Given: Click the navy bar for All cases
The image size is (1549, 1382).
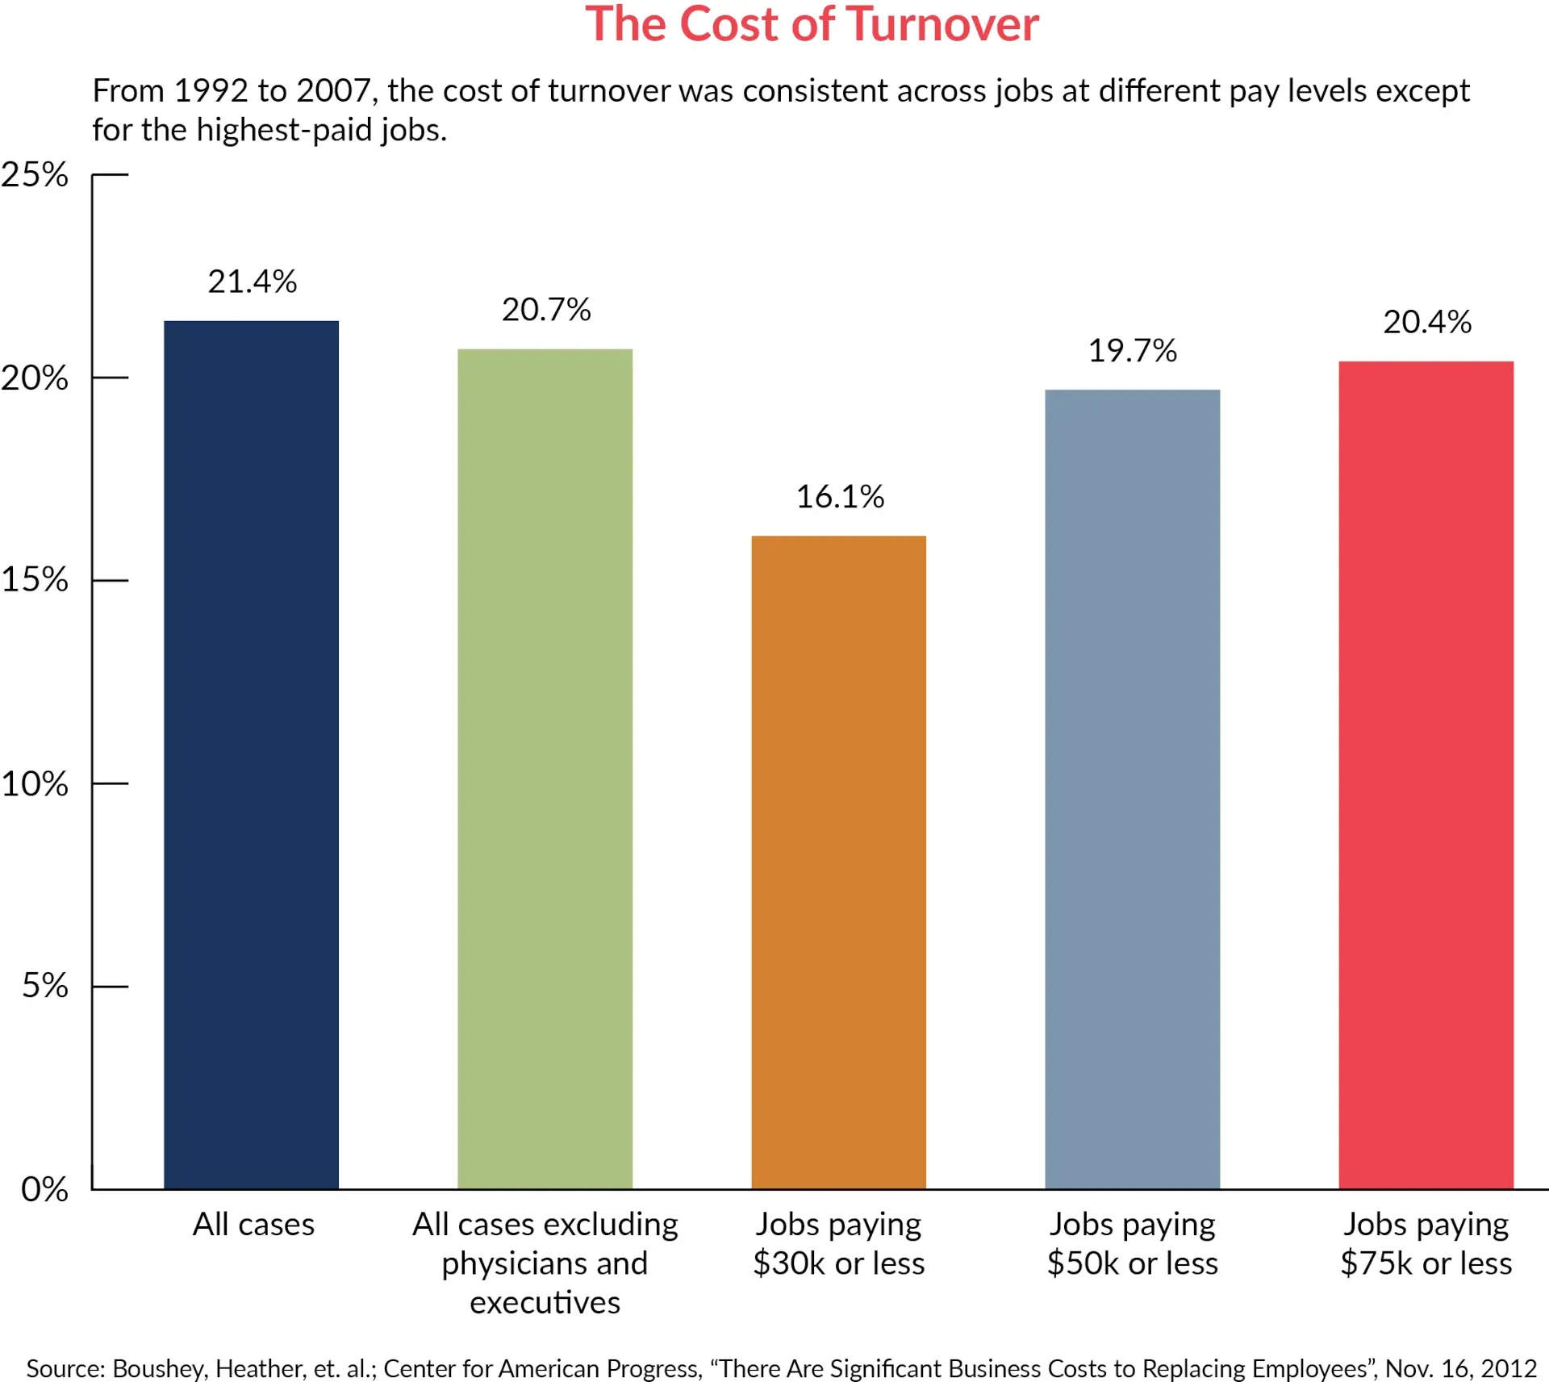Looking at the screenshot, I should (251, 754).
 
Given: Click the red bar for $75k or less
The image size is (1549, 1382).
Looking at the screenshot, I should (1426, 775).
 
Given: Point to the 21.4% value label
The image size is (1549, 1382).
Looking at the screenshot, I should (252, 282).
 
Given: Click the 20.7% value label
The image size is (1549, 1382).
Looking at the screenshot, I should (546, 310).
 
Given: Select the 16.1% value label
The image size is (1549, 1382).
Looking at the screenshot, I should (840, 497).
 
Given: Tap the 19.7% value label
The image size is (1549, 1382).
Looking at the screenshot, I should (1132, 351).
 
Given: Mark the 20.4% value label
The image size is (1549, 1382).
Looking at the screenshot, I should (1426, 322).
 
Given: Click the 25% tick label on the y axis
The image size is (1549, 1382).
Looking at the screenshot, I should (35, 175).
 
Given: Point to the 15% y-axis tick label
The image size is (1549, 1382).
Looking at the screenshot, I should (35, 580).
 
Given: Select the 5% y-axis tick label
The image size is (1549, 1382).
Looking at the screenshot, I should (44, 986).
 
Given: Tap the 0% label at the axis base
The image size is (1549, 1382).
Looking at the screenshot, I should (44, 1189).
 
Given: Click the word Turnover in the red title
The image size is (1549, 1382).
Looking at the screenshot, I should (942, 24).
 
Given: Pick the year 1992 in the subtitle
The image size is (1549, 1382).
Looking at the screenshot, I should (211, 90).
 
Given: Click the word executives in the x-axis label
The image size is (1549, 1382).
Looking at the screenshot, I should (545, 1303).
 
